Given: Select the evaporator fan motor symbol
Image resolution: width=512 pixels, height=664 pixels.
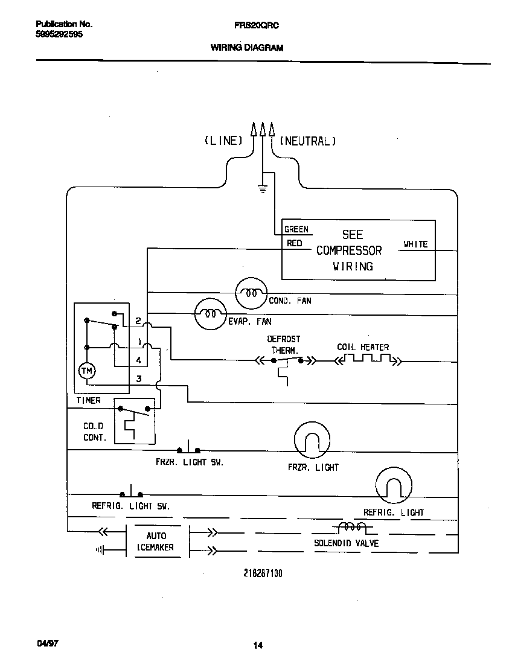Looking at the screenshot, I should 209,314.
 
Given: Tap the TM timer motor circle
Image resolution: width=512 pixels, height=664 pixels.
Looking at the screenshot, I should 88,371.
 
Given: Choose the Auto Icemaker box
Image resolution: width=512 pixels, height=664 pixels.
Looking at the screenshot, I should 156,541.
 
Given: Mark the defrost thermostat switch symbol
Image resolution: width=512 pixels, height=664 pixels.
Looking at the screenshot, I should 287,362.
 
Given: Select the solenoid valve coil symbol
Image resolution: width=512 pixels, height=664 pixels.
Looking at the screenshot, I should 352,528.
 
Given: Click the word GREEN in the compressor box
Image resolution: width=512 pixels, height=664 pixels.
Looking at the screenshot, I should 296,229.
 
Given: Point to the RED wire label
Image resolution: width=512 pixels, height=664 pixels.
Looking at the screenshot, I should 294,243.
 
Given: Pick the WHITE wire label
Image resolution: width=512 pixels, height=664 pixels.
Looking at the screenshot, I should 415,244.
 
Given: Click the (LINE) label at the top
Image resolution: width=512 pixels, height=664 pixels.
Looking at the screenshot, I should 223,141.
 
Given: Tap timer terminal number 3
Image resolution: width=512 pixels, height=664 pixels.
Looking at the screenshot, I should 139,379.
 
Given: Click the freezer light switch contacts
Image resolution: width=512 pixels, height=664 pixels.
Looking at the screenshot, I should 189,450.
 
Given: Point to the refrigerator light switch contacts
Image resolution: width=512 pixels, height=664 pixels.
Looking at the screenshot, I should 132,493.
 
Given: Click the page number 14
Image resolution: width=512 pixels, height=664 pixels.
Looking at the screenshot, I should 258,646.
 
